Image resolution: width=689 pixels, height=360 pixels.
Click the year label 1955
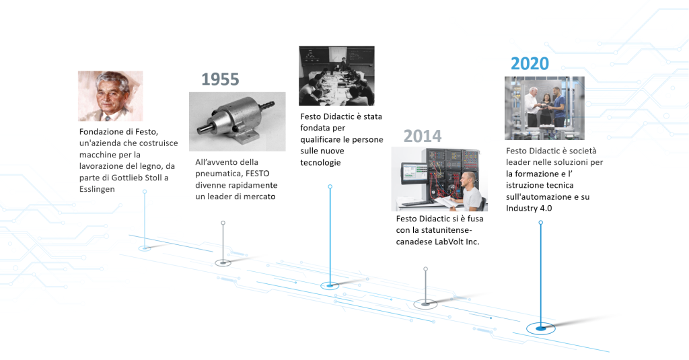pos(220,79)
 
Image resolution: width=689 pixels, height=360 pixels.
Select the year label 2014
pos(423,136)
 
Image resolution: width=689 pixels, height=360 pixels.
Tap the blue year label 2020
pos(530,64)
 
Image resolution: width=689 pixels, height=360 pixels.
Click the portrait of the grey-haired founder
pos(110,96)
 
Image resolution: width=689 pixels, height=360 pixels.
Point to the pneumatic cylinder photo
pos(238,122)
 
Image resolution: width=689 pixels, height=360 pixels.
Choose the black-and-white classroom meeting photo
pos(336,75)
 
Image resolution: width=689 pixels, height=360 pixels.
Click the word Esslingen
pos(97,189)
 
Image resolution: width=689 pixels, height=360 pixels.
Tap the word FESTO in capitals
pos(257,174)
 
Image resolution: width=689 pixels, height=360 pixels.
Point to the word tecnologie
pos(320,163)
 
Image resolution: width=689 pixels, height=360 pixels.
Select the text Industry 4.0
pos(529,208)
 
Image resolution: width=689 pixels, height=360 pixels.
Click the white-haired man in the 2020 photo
pos(533,107)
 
